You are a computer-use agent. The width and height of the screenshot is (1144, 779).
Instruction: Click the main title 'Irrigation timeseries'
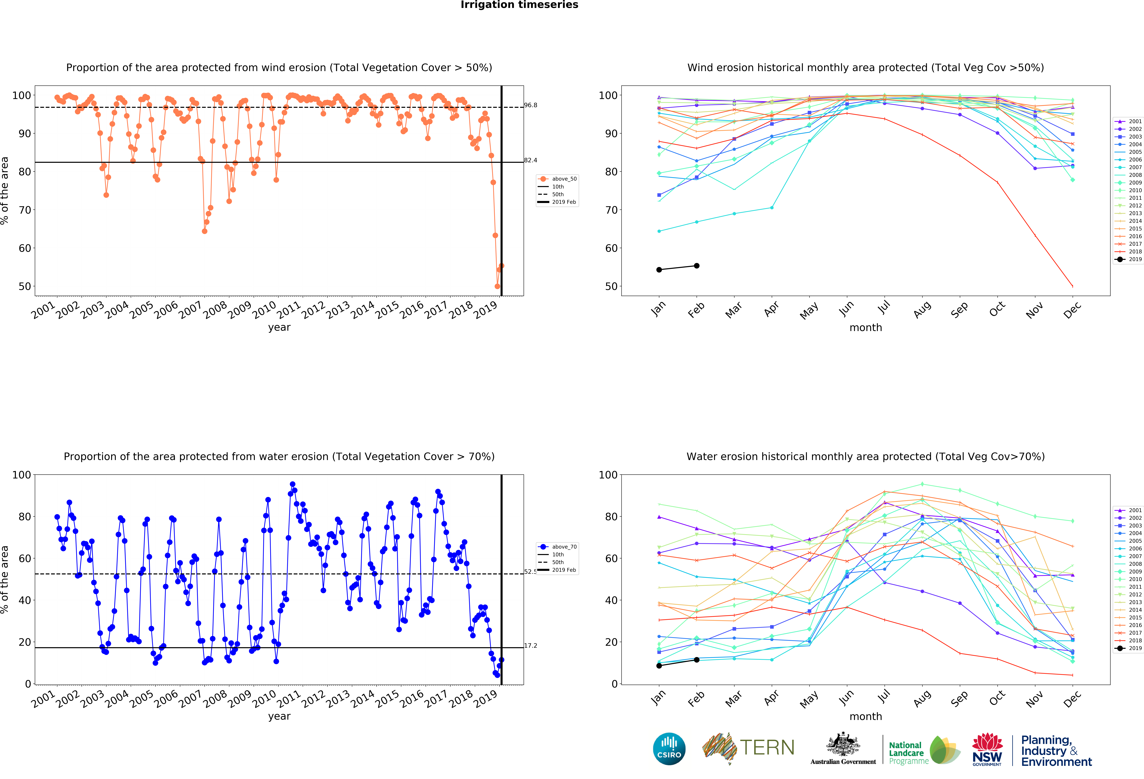(519, 5)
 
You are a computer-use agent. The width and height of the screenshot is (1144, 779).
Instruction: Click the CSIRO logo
(669, 749)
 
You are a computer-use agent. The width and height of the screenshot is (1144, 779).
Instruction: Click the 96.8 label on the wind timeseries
(531, 105)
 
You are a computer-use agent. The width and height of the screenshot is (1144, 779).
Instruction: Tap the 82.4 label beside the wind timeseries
(531, 160)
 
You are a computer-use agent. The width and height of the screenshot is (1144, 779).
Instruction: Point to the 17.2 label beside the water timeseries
(531, 646)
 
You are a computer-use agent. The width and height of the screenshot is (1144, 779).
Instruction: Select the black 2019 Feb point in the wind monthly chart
(697, 266)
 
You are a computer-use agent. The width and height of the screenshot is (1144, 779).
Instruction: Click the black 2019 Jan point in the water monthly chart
(659, 666)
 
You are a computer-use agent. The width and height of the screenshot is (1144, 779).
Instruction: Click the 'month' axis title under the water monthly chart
(865, 717)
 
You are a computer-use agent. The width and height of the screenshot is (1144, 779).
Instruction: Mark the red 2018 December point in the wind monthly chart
(1073, 286)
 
